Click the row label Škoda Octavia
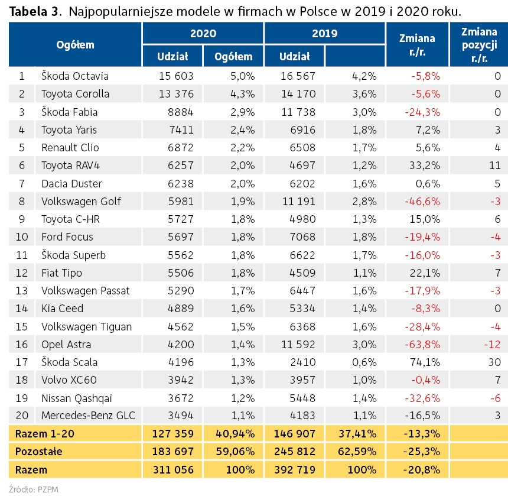point(75,76)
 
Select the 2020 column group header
point(203,33)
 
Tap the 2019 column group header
point(325,33)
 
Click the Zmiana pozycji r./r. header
point(479,45)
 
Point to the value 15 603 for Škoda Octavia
point(176,76)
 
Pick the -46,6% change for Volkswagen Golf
point(422,202)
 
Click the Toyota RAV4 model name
point(71,166)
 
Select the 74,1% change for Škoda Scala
point(425,362)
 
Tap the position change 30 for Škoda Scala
point(495,362)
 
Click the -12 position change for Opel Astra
point(493,344)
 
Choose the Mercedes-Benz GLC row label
point(88,415)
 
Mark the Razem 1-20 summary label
point(45,434)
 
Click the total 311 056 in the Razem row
point(173,470)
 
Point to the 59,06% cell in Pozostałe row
point(235,452)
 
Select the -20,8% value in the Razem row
point(422,470)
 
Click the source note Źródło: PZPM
point(33,489)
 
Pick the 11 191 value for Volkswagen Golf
point(299,202)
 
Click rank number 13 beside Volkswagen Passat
point(22,291)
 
